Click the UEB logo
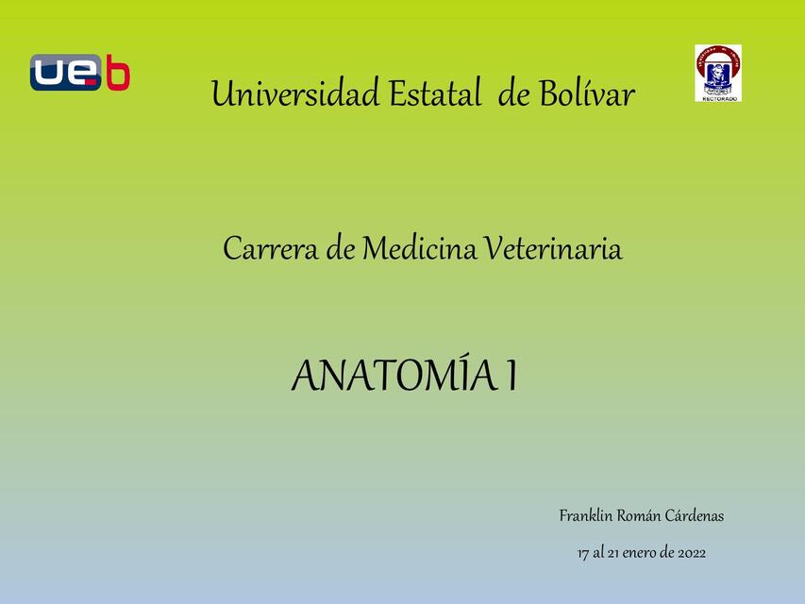point(79,73)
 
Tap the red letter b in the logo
point(117,74)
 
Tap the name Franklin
point(585,516)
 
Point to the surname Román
point(637,516)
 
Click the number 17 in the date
point(583,553)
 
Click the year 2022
point(691,553)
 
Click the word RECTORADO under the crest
point(718,98)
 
